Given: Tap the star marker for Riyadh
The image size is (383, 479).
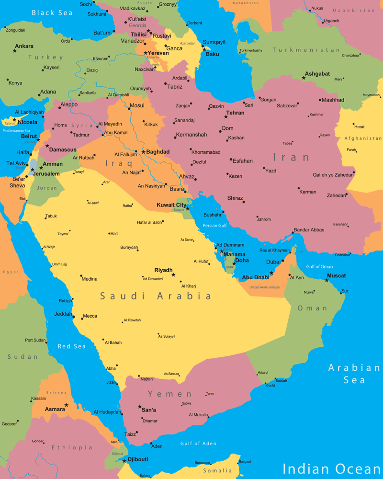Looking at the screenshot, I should click(173, 275).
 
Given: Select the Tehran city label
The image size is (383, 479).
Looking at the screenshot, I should click(235, 113).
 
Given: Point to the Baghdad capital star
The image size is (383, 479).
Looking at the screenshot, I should click(143, 152).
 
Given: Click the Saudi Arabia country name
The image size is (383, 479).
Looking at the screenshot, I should click(156, 297).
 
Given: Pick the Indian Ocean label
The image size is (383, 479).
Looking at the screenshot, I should click(332, 468).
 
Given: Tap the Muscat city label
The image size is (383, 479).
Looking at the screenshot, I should click(336, 276).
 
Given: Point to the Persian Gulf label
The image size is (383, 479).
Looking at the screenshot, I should click(214, 226).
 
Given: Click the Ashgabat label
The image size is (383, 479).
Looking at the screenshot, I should click(317, 74).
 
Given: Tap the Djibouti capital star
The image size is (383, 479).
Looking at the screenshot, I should click(124, 461).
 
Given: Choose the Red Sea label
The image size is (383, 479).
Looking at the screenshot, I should click(72, 346).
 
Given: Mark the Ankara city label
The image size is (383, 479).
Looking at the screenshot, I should click(24, 46).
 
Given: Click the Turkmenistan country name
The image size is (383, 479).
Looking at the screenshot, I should click(306, 50).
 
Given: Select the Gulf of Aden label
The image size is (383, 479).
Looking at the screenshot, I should click(198, 444).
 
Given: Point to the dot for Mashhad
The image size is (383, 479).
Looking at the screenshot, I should click(320, 100).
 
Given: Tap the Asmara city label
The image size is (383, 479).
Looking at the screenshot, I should click(55, 410).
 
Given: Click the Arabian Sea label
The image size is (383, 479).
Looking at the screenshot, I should click(354, 374).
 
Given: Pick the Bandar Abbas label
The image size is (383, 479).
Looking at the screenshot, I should click(309, 230).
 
